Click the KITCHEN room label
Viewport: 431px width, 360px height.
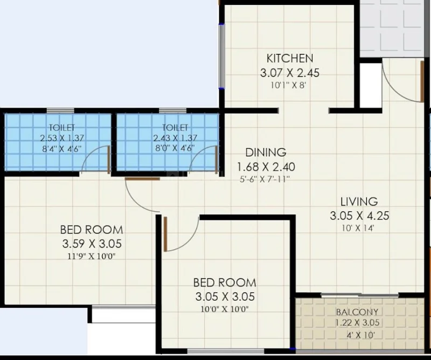tap(290, 58)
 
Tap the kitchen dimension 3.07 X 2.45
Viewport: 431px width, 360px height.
tap(290, 73)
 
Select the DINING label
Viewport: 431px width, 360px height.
tap(266, 152)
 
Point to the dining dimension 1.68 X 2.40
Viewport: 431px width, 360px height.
tap(266, 167)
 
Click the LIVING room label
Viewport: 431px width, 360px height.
tap(359, 202)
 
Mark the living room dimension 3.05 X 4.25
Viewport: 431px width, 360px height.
tap(359, 216)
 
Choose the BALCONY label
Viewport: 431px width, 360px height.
tap(357, 312)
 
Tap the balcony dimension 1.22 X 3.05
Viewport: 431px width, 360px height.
tap(357, 322)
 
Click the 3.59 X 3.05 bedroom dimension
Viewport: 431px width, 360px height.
tap(92, 244)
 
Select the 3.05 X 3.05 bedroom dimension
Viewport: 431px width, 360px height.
tap(225, 296)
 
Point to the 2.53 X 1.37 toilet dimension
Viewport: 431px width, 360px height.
tap(62, 137)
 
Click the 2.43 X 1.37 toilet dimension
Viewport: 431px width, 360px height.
tap(175, 137)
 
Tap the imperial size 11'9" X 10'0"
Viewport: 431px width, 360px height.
tap(92, 257)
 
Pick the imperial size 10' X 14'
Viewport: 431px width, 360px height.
tap(358, 228)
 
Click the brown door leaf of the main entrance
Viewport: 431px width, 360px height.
tap(422, 81)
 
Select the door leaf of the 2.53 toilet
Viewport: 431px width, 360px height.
tap(109, 160)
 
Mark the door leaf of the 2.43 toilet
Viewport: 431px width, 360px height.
tap(217, 160)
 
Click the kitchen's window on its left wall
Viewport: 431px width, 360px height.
tap(221, 56)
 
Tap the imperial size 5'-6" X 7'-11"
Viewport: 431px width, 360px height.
tap(265, 179)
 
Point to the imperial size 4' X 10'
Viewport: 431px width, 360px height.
tap(360, 335)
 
